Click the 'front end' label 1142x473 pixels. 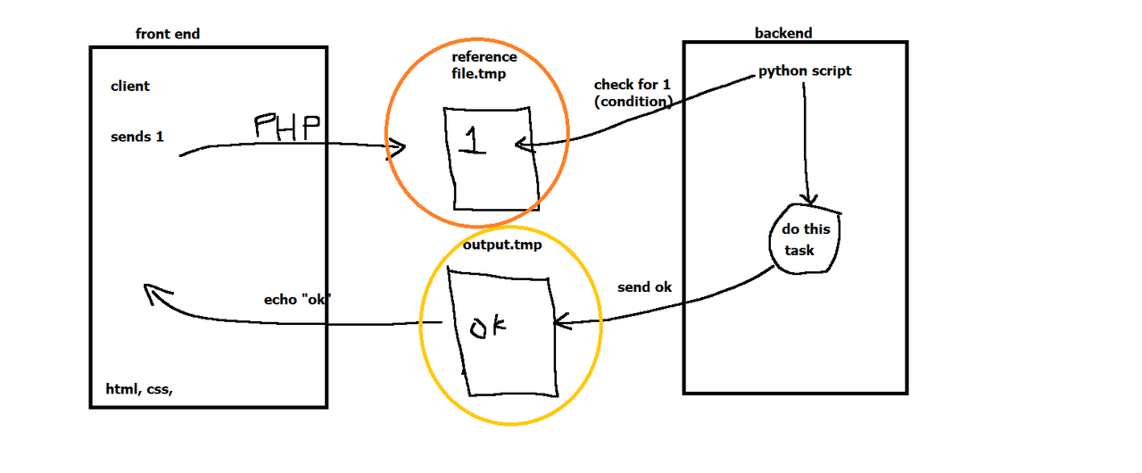[167, 34]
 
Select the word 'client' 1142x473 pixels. [130, 87]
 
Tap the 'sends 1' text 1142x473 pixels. [137, 137]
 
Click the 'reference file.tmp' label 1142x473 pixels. [484, 66]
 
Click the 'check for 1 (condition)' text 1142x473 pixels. [633, 93]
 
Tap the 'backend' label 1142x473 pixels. [783, 33]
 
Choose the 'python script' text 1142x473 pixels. [805, 71]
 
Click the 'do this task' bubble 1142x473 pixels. [805, 239]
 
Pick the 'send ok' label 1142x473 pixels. [644, 287]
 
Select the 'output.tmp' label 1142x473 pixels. [501, 244]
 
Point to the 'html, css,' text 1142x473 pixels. [139, 389]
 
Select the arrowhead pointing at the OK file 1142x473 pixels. [560, 321]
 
